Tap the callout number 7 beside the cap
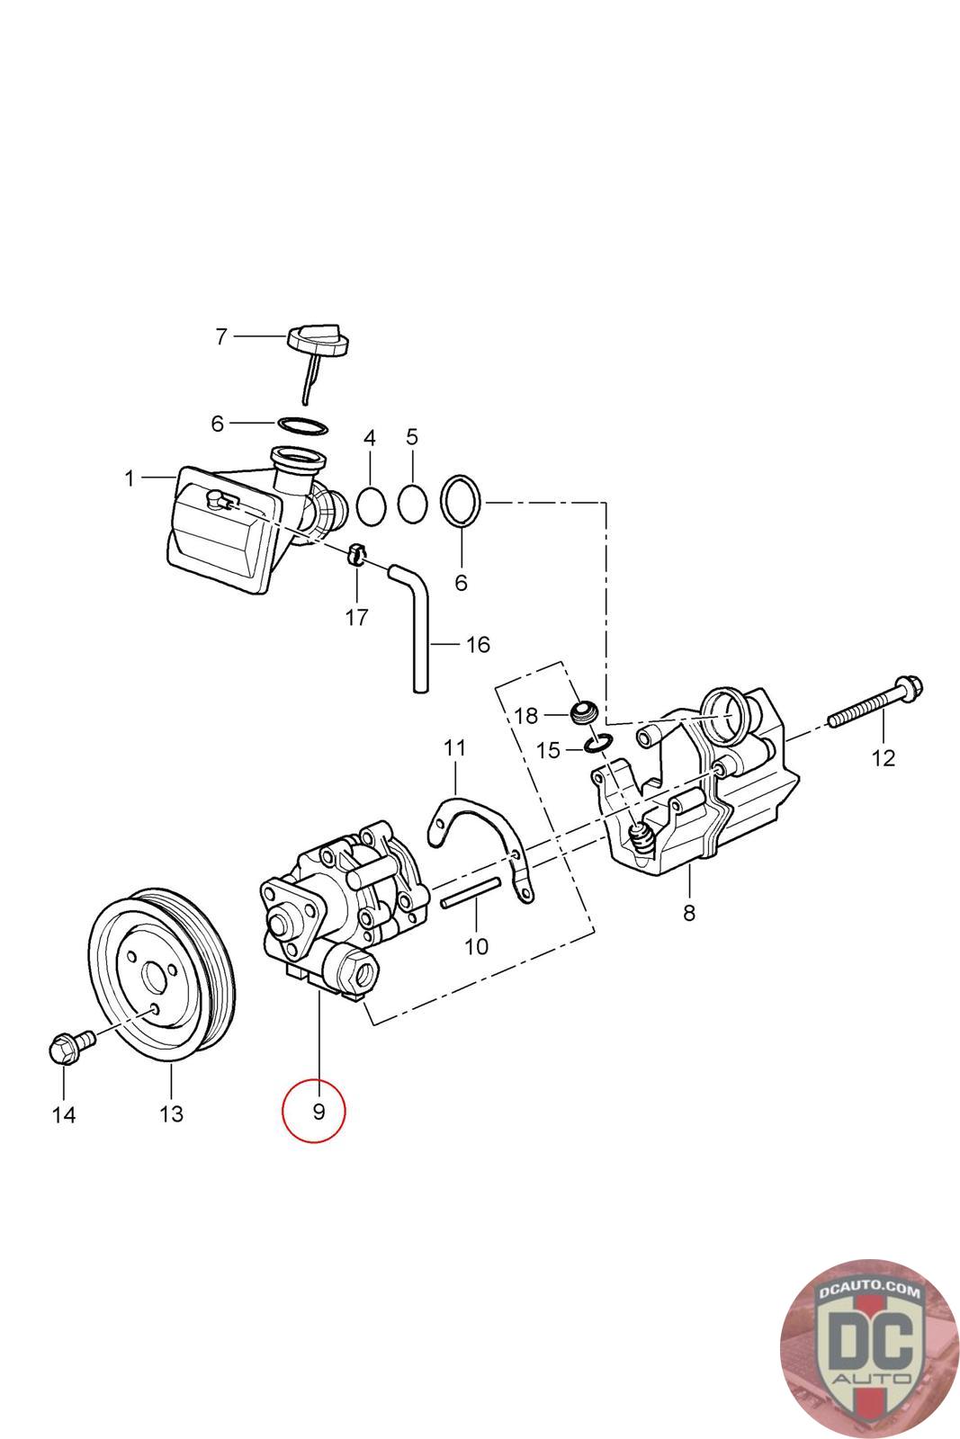pyautogui.click(x=221, y=336)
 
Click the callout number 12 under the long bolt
pyautogui.click(x=884, y=758)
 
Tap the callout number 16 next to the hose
pyautogui.click(x=478, y=644)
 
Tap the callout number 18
pyautogui.click(x=525, y=715)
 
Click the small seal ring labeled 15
pyautogui.click(x=598, y=743)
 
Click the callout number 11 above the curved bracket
pyautogui.click(x=455, y=747)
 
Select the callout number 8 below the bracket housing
pyautogui.click(x=689, y=912)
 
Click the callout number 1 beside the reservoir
pyautogui.click(x=130, y=478)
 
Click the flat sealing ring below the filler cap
pyautogui.click(x=302, y=425)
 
